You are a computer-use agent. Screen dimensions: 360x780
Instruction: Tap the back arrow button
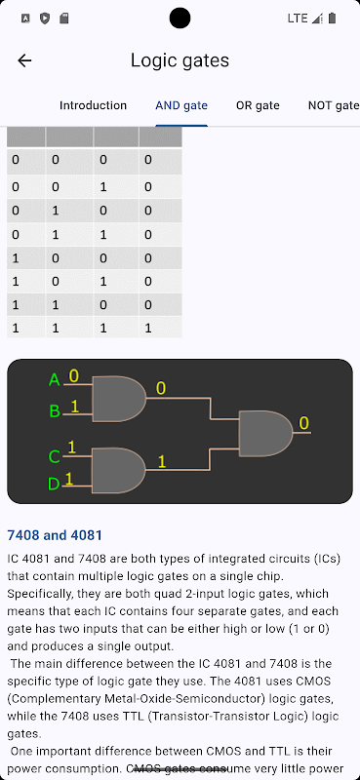(24, 60)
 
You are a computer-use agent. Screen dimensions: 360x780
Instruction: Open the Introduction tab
(93, 105)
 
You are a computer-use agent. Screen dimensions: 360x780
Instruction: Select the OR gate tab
(258, 105)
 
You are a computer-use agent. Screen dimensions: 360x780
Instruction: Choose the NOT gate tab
(333, 105)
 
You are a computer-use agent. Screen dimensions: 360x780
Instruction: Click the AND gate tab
(181, 105)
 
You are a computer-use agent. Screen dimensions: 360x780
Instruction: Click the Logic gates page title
(180, 60)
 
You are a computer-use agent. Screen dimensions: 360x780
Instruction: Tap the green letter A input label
(55, 380)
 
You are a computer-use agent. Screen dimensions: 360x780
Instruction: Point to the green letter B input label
(55, 411)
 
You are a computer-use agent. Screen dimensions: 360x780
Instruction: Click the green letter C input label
(55, 456)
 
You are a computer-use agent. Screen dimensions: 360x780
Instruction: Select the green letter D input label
(54, 484)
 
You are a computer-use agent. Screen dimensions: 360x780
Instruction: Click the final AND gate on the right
(266, 433)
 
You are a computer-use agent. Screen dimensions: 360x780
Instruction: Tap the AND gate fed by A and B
(119, 399)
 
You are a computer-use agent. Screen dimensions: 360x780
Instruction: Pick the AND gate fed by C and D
(118, 471)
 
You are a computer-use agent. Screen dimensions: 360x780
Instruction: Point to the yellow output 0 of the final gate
(303, 423)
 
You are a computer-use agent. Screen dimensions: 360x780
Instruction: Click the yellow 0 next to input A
(74, 375)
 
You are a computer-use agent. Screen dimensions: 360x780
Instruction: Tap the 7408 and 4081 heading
(55, 535)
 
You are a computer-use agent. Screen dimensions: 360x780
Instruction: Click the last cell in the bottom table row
(160, 329)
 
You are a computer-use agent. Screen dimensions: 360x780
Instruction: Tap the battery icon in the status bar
(332, 19)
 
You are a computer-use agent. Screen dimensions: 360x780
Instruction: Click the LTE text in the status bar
(298, 19)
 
